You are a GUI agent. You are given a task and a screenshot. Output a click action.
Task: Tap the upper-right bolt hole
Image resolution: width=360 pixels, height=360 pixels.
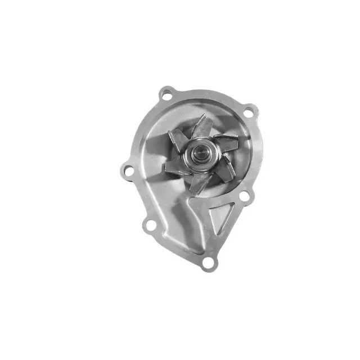249,111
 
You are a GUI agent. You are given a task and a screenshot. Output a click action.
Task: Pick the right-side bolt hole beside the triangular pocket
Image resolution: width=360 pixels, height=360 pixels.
244,196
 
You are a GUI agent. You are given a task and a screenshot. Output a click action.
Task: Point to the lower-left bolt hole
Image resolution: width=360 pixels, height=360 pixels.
150,225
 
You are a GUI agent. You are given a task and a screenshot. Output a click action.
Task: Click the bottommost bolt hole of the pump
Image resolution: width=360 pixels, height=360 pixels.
208,262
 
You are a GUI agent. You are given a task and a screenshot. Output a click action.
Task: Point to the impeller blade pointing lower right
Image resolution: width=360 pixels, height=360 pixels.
226,169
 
